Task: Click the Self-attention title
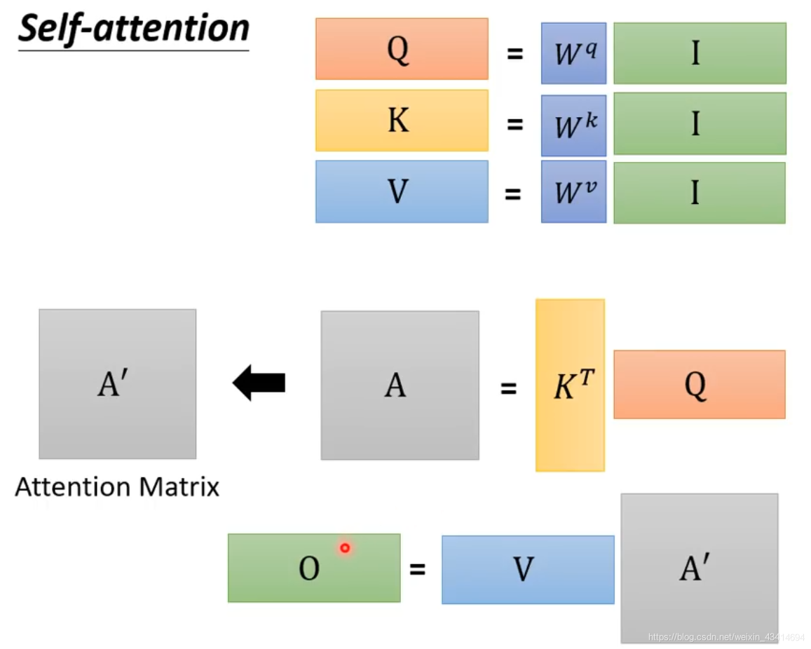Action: (133, 30)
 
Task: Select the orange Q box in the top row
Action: (402, 49)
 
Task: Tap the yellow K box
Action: (402, 121)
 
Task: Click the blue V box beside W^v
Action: (402, 192)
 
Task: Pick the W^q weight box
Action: (573, 53)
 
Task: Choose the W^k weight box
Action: (573, 125)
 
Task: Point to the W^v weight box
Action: (573, 192)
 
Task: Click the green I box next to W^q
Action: (700, 53)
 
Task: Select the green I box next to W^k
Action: (700, 124)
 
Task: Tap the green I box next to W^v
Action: (700, 193)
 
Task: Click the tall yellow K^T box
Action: (570, 385)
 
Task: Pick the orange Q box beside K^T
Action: (700, 385)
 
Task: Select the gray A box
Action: (400, 385)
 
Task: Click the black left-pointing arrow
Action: (259, 383)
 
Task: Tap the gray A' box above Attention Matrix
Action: (118, 384)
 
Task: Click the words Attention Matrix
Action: (117, 487)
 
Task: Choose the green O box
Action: (314, 568)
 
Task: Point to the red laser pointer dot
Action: (345, 548)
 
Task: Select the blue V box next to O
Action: (528, 569)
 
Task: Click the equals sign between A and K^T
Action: (508, 388)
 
